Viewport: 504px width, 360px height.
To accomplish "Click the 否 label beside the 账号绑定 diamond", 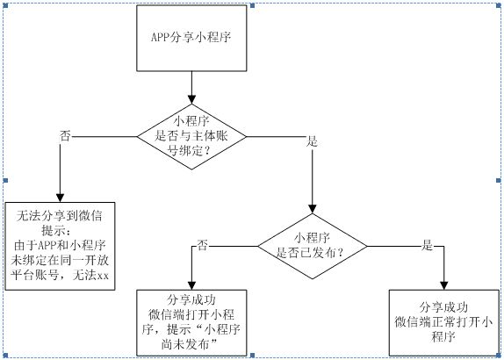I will (65, 136).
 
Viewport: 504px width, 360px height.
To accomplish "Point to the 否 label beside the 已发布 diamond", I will (203, 244).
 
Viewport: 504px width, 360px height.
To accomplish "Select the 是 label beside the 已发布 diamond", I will (428, 245).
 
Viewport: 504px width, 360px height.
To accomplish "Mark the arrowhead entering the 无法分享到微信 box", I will (60, 198).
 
